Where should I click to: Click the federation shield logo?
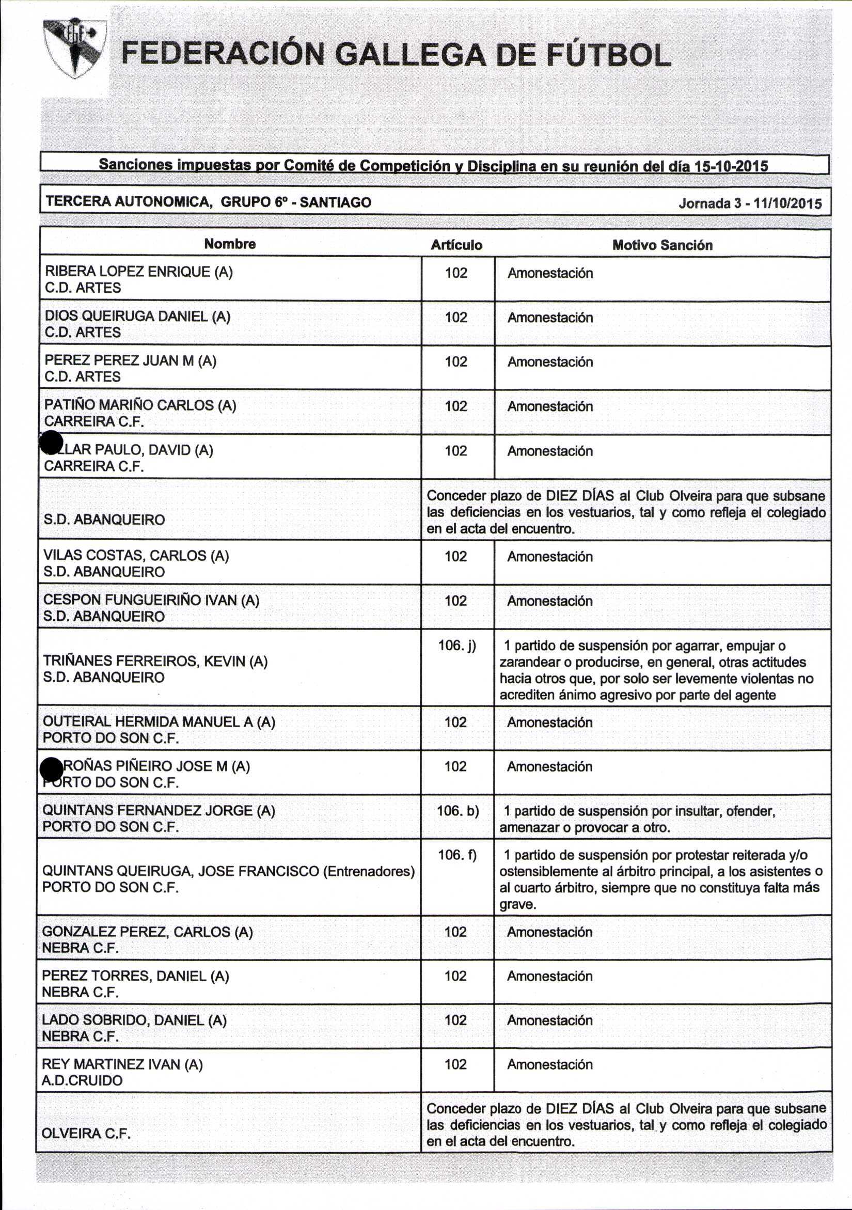(75, 49)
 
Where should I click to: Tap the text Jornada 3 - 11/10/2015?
(750, 203)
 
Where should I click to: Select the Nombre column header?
(230, 244)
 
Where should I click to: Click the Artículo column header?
(456, 245)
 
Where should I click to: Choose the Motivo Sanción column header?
(662, 245)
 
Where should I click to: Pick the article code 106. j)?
(457, 646)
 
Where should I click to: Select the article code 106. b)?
(457, 810)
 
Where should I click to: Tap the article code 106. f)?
(457, 855)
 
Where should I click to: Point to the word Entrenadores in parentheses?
(368, 871)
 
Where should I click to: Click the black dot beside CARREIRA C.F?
(52, 442)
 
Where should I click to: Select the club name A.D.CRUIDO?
(82, 1080)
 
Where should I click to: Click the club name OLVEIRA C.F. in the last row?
(85, 1133)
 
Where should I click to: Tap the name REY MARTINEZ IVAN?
(111, 1064)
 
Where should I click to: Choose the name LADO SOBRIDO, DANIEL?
(122, 1020)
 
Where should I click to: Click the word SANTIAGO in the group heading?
(335, 202)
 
